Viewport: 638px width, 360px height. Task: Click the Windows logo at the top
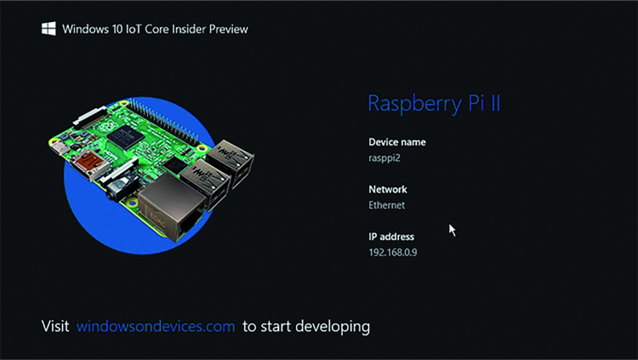(48, 29)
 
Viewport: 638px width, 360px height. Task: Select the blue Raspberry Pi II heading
(434, 103)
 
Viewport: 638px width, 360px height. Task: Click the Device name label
(397, 142)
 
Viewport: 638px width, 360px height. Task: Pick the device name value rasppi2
(385, 158)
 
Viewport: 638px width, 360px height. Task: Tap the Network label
(388, 190)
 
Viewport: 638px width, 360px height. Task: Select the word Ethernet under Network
(386, 205)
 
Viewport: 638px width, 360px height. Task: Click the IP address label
(391, 237)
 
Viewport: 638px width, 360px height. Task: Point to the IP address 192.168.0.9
(393, 253)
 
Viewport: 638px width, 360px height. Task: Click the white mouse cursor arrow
(452, 230)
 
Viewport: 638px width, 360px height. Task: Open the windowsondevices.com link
(156, 326)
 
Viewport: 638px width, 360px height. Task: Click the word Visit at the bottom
(55, 326)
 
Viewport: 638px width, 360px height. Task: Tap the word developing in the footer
(333, 327)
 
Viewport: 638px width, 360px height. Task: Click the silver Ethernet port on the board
(170, 209)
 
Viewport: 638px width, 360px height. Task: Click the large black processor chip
(125, 136)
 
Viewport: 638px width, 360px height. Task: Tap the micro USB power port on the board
(60, 147)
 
